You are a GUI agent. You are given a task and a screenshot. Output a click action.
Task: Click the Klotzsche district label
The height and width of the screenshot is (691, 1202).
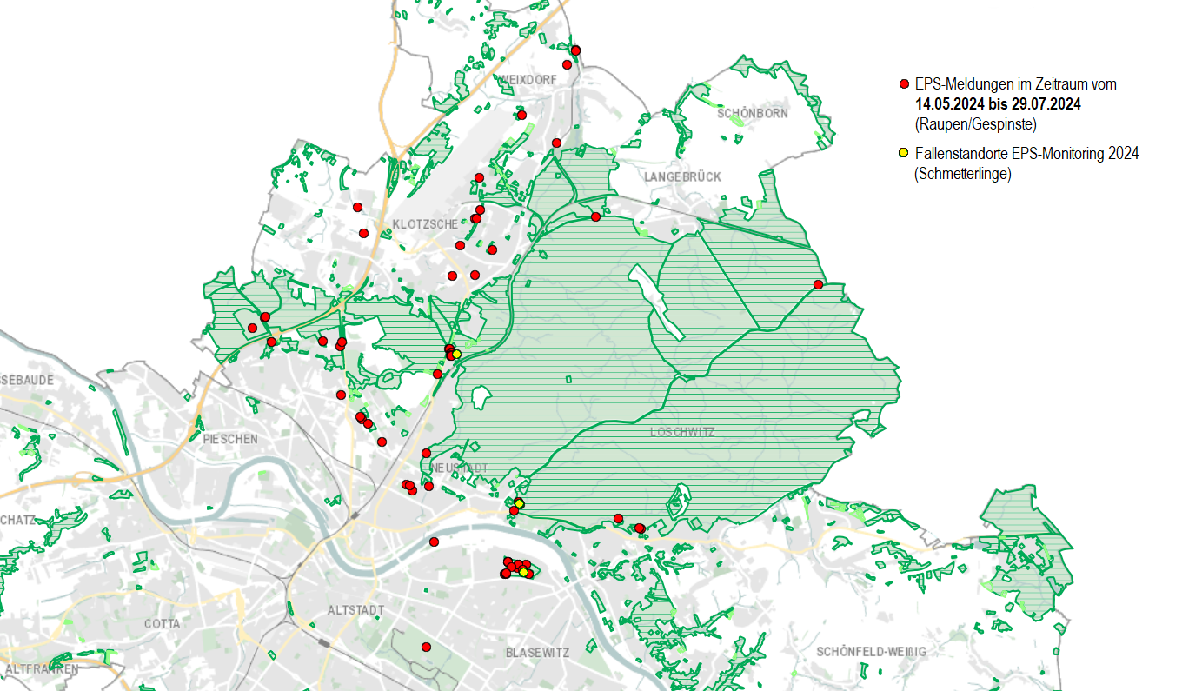tap(425, 224)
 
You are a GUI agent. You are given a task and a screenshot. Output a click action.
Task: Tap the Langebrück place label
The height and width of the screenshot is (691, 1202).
tap(682, 176)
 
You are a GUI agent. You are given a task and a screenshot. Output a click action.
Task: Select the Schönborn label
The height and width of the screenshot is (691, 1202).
tap(753, 113)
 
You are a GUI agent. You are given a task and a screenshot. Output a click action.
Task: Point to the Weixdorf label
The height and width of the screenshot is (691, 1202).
tap(526, 79)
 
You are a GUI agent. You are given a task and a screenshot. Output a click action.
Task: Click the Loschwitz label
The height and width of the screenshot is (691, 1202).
tap(683, 431)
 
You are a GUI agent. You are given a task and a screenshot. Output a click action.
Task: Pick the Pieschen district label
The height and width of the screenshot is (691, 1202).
tap(229, 439)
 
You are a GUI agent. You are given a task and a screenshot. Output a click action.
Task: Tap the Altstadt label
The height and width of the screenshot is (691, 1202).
tap(355, 610)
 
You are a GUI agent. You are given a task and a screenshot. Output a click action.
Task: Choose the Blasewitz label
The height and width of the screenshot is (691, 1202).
tap(537, 652)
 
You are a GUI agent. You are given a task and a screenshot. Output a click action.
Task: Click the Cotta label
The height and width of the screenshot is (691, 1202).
tap(163, 624)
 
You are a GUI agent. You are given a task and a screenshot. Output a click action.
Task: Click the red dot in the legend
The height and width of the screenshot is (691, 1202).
tap(904, 84)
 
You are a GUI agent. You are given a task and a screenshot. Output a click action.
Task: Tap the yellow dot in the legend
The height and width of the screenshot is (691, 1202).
tap(904, 153)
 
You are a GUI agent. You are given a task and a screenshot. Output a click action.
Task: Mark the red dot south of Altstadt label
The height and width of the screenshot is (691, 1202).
tap(426, 647)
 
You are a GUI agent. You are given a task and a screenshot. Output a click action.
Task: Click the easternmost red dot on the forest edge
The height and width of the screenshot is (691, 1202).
tap(818, 284)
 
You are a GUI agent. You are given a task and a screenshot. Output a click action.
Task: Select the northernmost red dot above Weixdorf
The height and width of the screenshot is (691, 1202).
tap(575, 50)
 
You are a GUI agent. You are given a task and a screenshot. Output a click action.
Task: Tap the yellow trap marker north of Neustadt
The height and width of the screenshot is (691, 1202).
tap(456, 354)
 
